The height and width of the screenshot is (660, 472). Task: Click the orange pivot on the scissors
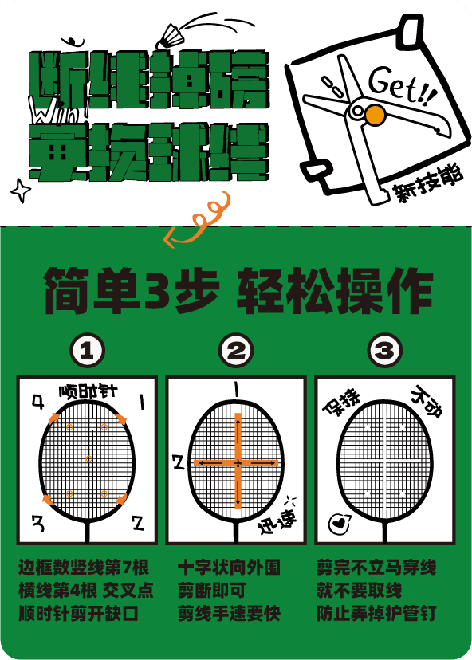[x=373, y=116]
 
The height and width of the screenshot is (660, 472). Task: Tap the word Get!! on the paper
[x=403, y=84]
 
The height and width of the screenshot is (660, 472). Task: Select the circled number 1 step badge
[x=88, y=350]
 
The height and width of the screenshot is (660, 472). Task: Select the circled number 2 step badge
[x=236, y=350]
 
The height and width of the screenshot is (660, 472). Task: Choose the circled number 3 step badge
[x=384, y=350]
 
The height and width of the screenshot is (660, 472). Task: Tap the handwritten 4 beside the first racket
[x=37, y=401]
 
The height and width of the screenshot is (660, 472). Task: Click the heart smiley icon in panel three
[x=337, y=523]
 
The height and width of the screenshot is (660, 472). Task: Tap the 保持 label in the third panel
[x=337, y=403]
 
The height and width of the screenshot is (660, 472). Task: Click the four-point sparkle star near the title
[x=20, y=191]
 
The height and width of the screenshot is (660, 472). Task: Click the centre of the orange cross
[x=238, y=462]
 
